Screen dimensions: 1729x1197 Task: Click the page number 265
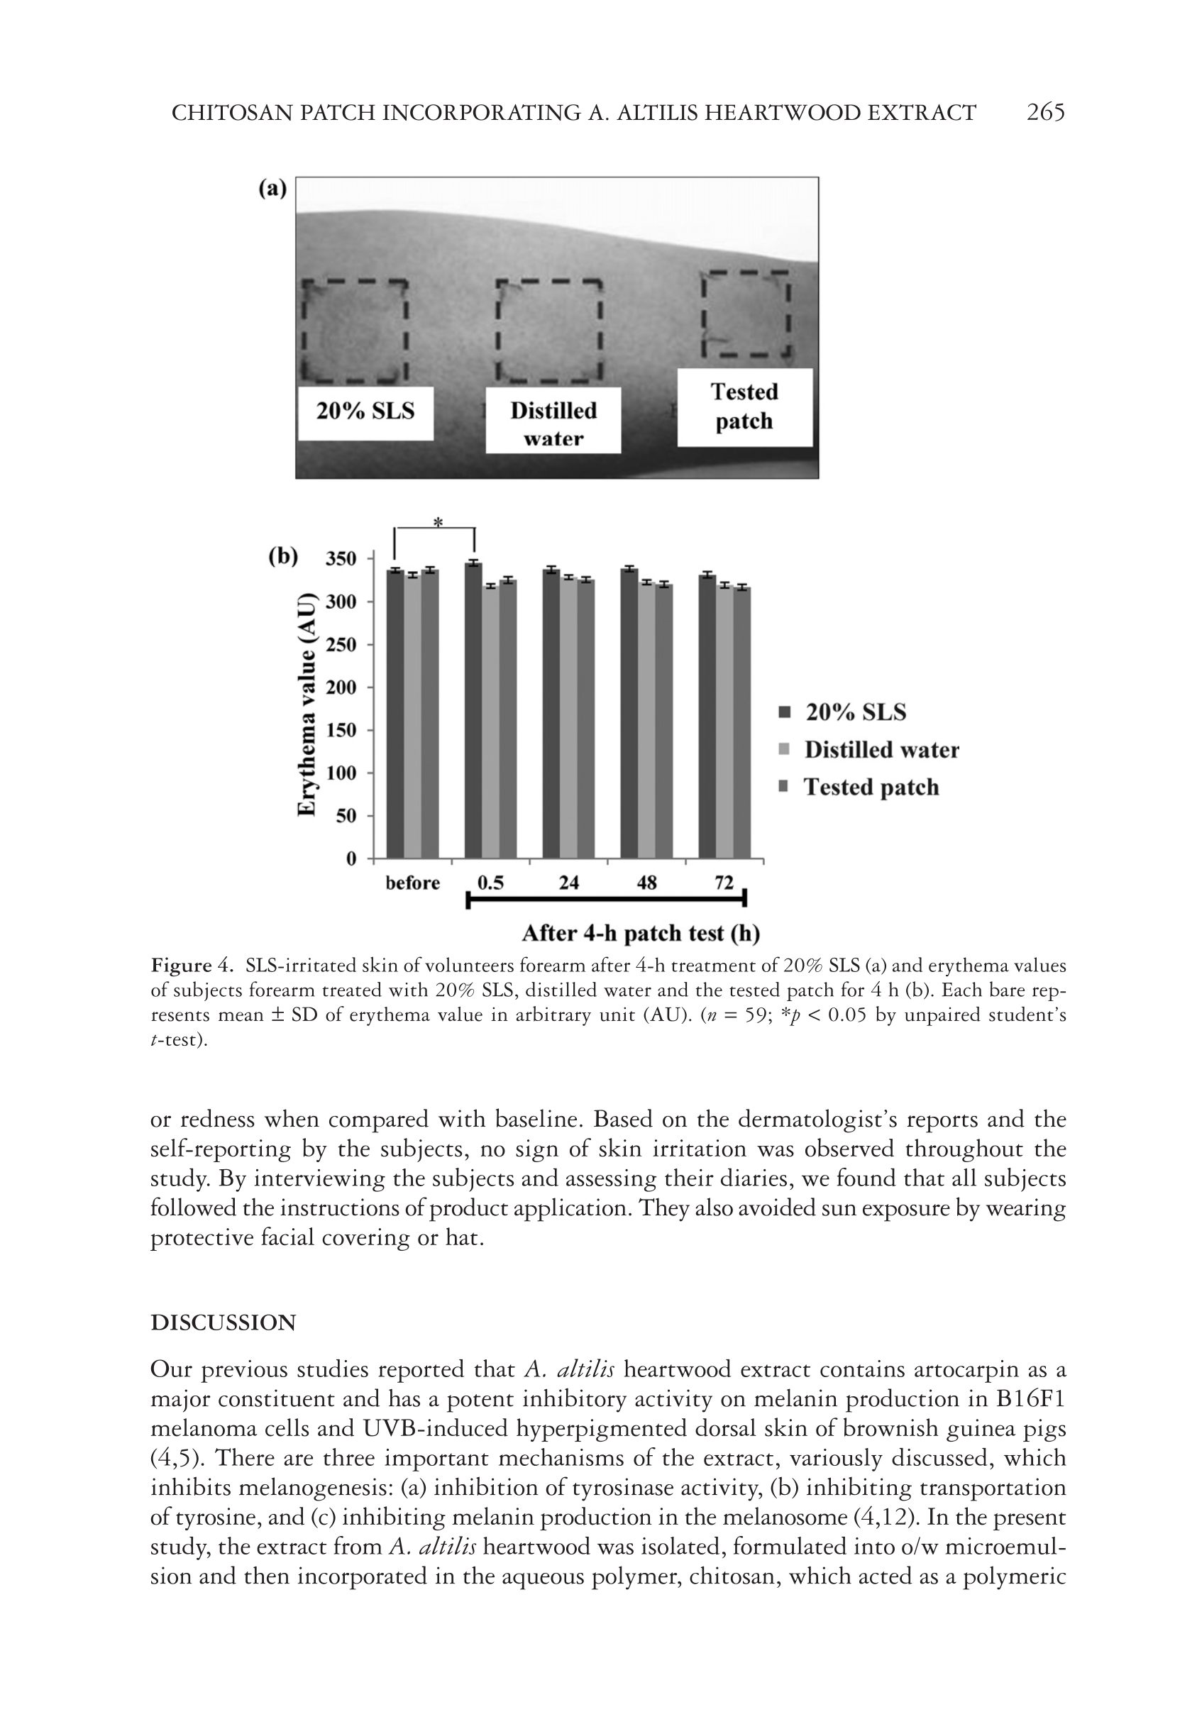(x=1044, y=113)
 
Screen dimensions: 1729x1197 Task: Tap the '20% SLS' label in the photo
(x=365, y=411)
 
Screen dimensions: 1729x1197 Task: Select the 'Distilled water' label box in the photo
(x=553, y=421)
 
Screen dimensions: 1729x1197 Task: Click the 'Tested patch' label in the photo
(x=745, y=407)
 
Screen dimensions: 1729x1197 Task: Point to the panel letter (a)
(x=273, y=188)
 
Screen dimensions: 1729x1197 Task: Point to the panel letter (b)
(x=282, y=556)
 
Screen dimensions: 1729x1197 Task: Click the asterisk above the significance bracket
(x=438, y=522)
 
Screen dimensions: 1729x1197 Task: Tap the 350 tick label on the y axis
(x=341, y=558)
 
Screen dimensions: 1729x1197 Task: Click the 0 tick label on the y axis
(x=351, y=858)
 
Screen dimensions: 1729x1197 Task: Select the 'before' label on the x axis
(x=412, y=883)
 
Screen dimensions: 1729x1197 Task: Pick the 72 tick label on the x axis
(x=724, y=883)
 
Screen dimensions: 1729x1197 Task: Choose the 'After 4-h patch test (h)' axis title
(x=641, y=934)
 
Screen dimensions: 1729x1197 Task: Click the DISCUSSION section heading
(x=224, y=1322)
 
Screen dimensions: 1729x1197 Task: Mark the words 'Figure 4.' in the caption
(x=194, y=966)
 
